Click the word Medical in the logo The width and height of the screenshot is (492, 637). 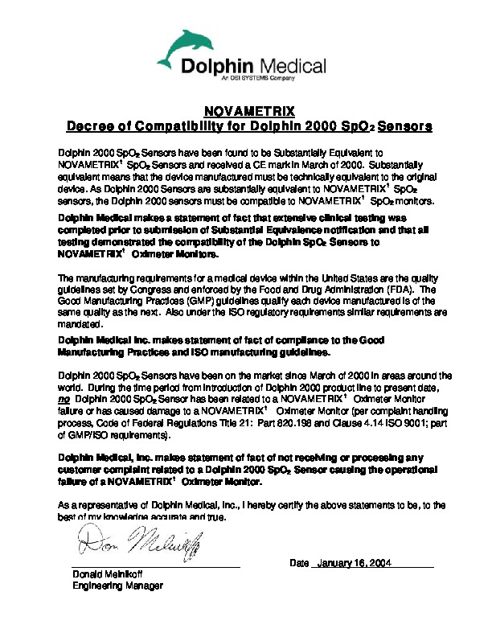click(x=293, y=65)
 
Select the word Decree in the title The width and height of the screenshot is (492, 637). click(x=91, y=126)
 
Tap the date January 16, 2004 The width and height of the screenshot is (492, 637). click(x=354, y=563)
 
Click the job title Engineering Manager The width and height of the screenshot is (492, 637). click(x=117, y=586)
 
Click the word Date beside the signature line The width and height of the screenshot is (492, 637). click(x=299, y=563)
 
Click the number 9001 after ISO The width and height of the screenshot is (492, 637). click(x=406, y=425)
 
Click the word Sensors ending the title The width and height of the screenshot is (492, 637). click(x=405, y=126)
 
